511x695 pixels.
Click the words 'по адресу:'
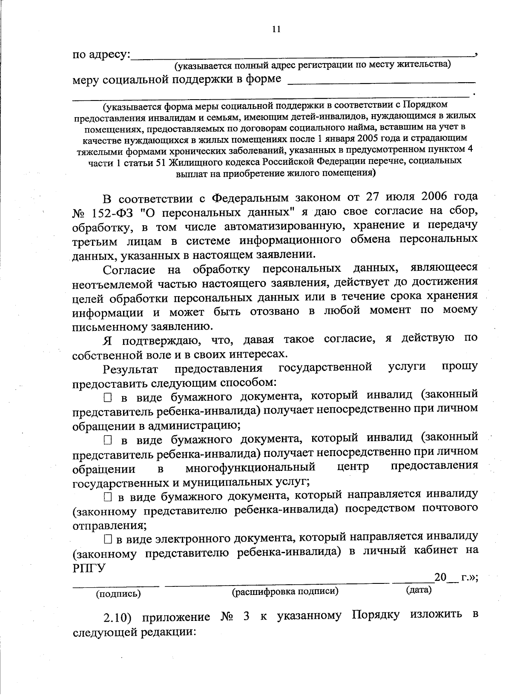coord(101,55)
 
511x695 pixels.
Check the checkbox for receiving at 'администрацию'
coord(107,398)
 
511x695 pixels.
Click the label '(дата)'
coord(419,590)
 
